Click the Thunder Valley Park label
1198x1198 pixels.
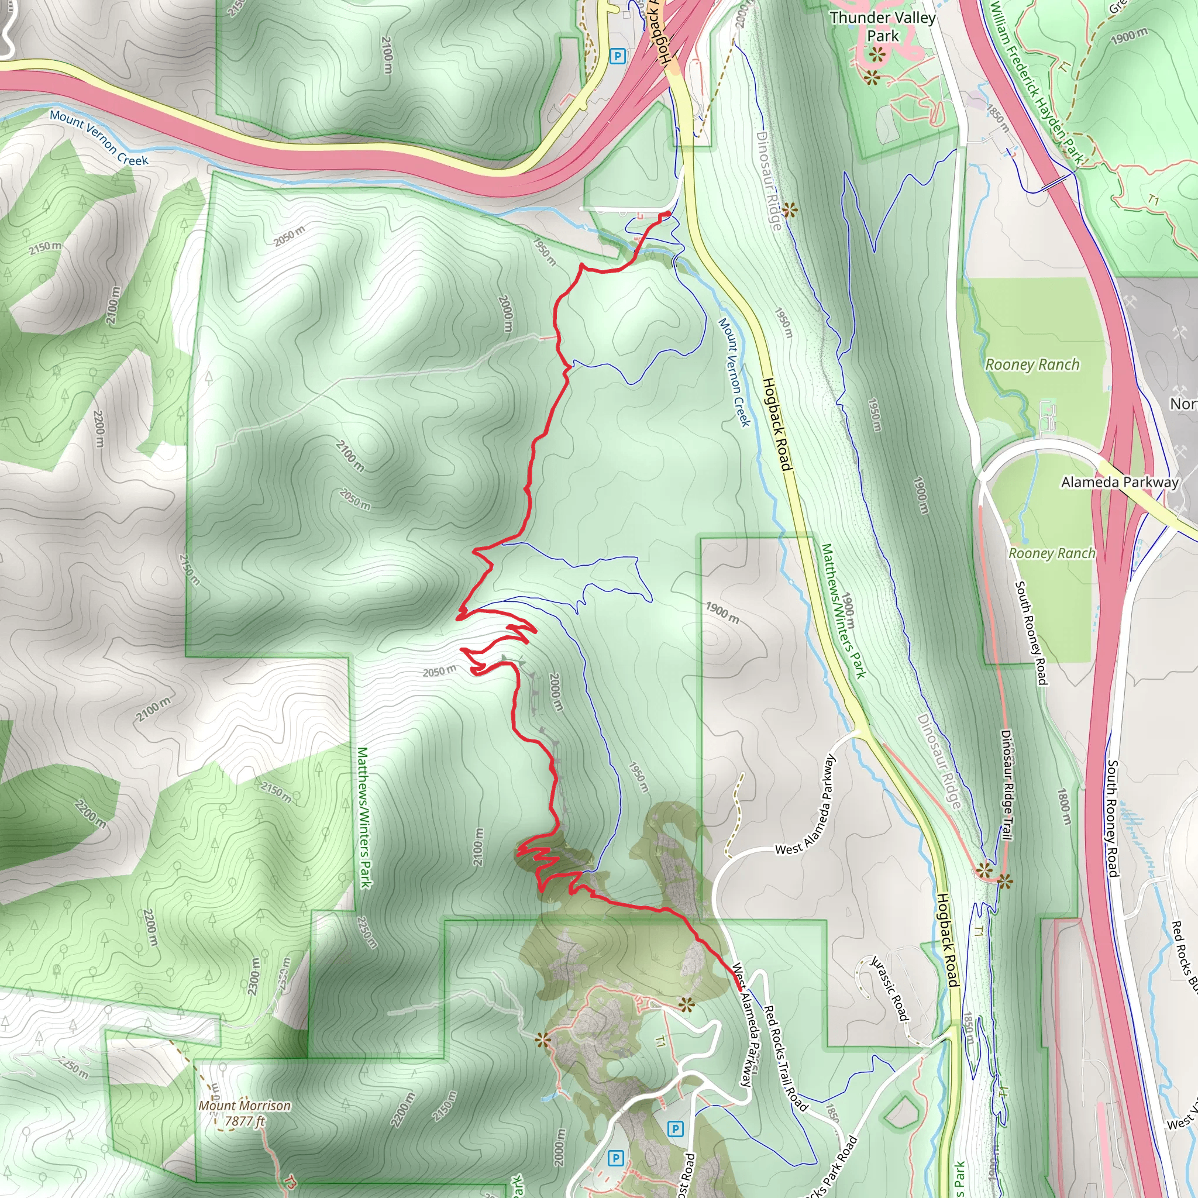[882, 27]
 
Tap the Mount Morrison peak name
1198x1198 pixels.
[245, 1106]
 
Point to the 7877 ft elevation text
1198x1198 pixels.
[245, 1121]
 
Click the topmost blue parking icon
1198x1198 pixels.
[617, 56]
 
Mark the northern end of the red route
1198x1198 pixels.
[667, 215]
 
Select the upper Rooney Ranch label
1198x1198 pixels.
[1032, 364]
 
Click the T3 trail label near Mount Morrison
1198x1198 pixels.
[290, 1180]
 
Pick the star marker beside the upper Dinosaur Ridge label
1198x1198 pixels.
[789, 210]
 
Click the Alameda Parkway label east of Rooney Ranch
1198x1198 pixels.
[1119, 482]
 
